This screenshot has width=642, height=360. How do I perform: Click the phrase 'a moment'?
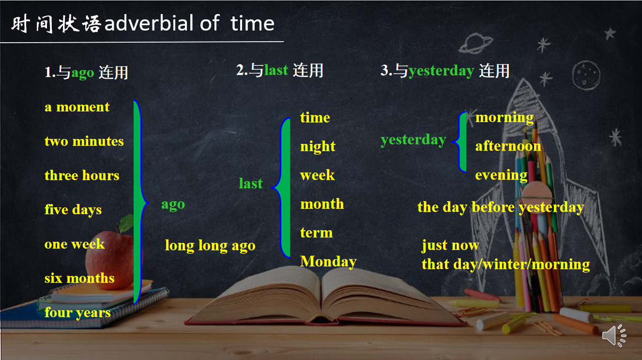click(x=77, y=107)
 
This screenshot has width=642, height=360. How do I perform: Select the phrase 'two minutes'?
click(x=84, y=141)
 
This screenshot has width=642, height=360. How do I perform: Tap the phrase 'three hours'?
click(x=82, y=175)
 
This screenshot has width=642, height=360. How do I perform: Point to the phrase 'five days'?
click(x=73, y=210)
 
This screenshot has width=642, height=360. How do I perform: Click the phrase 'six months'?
click(x=79, y=278)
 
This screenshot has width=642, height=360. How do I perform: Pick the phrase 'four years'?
click(x=77, y=313)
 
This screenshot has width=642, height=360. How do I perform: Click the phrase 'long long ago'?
click(x=210, y=246)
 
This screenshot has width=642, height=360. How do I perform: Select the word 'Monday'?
click(x=328, y=262)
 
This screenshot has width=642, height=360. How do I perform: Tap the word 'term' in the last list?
click(x=316, y=233)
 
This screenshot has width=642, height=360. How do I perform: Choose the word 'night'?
click(x=318, y=147)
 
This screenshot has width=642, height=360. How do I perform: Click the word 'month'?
click(x=322, y=204)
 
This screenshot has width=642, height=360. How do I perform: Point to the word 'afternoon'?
click(x=508, y=146)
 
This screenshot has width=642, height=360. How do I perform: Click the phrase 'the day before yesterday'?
click(x=500, y=207)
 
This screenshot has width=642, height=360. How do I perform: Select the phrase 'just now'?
click(x=450, y=246)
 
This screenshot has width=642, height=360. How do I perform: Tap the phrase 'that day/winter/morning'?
click(x=505, y=265)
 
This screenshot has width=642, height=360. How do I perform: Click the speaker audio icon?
click(x=614, y=335)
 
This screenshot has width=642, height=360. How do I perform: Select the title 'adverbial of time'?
click(x=189, y=23)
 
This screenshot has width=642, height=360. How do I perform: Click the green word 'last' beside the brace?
click(x=250, y=184)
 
